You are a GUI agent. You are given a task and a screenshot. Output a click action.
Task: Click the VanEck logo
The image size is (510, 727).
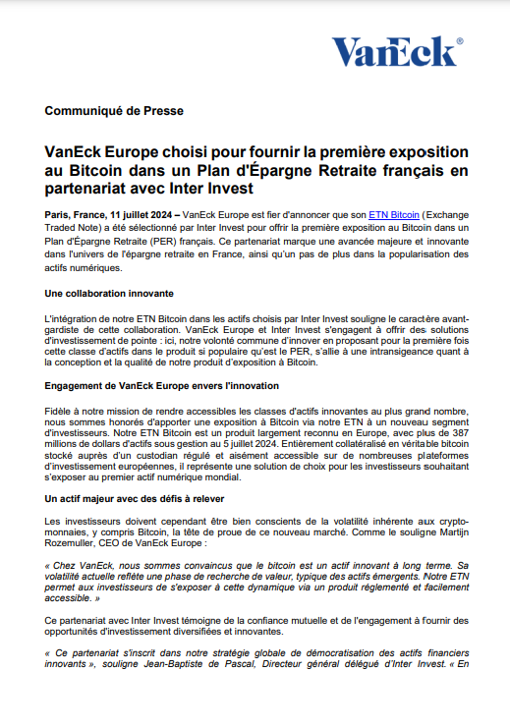(x=393, y=51)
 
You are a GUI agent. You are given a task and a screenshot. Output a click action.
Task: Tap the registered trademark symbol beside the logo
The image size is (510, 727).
(x=460, y=41)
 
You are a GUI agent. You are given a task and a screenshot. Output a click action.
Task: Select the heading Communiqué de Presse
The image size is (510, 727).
(x=114, y=111)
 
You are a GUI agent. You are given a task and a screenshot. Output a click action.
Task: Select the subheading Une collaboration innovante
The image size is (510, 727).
(x=110, y=294)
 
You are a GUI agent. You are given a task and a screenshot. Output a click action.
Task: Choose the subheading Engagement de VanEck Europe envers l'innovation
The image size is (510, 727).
(x=162, y=385)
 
